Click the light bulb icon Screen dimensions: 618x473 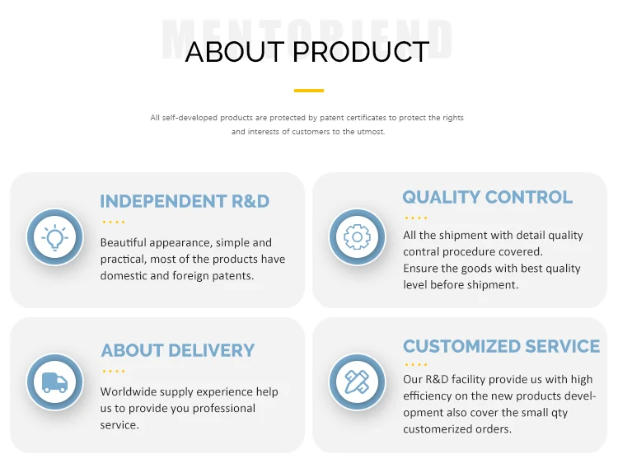(54, 237)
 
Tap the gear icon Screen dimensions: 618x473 (357, 236)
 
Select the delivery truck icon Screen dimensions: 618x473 (54, 382)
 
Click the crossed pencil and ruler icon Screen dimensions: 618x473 (357, 382)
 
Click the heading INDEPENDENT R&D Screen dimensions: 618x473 (185, 201)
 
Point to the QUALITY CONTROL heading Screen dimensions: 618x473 (487, 197)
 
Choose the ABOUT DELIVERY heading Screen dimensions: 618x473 (178, 350)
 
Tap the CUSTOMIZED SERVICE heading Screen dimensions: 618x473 (501, 346)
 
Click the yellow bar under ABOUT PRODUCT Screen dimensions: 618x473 (309, 91)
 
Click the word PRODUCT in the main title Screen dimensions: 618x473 (361, 52)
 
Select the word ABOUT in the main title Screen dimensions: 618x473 (235, 52)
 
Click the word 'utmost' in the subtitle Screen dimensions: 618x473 (371, 132)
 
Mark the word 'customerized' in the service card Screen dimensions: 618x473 (438, 429)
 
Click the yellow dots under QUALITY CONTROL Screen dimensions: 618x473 (416, 218)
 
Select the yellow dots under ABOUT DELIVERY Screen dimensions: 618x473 (114, 372)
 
